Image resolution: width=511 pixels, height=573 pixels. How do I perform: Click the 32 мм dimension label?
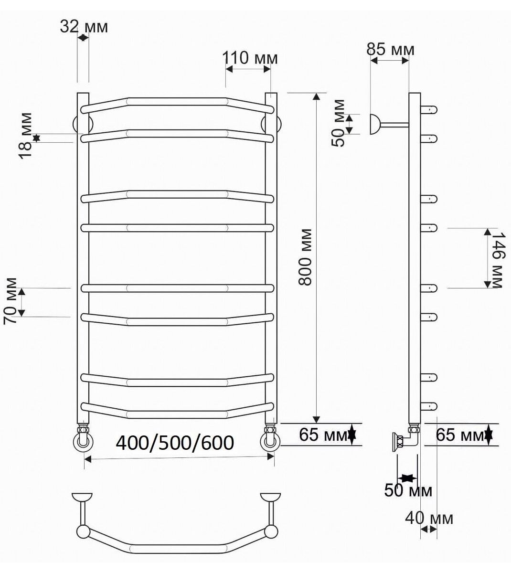click(84, 27)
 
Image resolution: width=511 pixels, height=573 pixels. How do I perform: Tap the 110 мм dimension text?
click(250, 58)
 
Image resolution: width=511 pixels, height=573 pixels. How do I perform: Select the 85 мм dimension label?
click(390, 49)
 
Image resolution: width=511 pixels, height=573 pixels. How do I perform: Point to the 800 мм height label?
click(305, 257)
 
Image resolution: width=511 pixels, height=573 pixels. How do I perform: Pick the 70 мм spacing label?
click(10, 301)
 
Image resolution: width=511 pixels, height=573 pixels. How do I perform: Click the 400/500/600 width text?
click(175, 443)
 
